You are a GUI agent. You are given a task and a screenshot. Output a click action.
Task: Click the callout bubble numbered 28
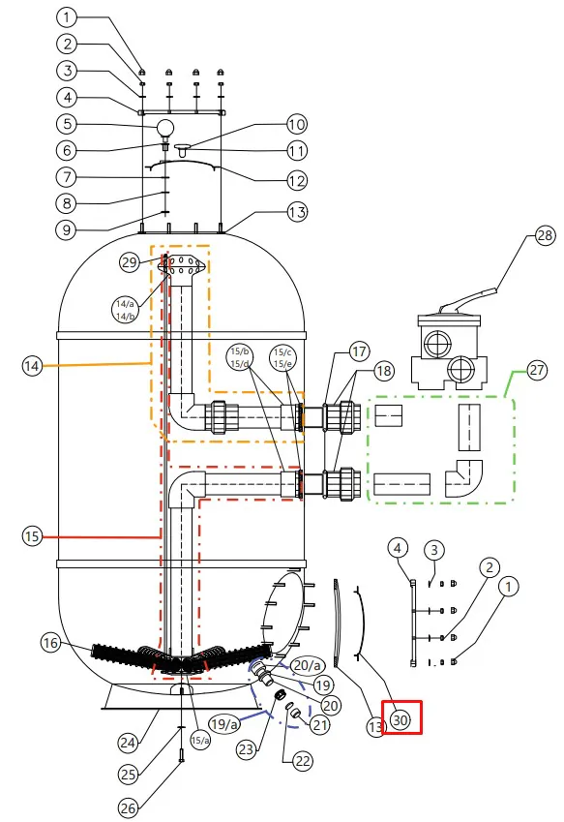point(545,235)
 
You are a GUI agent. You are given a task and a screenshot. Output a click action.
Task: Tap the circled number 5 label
point(67,124)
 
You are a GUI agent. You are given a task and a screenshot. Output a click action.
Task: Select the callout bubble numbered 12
point(296,181)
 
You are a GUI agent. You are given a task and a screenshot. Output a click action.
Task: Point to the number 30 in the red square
point(401,719)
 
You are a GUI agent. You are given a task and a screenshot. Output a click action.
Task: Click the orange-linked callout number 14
point(32,365)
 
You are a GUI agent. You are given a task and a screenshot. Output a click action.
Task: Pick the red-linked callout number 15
point(32,536)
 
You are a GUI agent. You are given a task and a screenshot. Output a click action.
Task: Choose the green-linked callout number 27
point(536,370)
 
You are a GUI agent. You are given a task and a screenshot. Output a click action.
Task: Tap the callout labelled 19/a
point(223,724)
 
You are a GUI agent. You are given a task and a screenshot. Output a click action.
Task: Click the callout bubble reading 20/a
point(308,666)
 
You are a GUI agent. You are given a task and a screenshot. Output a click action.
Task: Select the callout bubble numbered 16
point(51,643)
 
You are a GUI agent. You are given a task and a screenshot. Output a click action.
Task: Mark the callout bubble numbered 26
point(129,808)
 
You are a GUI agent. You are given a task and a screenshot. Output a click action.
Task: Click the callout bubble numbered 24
point(128,743)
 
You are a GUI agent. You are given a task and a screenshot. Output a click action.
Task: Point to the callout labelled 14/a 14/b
point(125,310)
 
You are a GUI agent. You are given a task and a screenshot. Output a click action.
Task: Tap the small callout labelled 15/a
point(199,741)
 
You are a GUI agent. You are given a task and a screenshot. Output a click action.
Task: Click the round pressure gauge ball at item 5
point(165,128)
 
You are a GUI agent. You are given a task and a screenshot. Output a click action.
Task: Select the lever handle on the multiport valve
point(468,298)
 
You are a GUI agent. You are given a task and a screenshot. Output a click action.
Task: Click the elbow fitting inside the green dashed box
point(463,478)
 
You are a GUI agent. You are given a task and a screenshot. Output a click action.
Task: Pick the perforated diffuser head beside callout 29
point(183,265)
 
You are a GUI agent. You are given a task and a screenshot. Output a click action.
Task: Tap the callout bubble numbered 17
point(359,351)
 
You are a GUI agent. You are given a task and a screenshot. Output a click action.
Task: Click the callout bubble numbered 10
point(296,124)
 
